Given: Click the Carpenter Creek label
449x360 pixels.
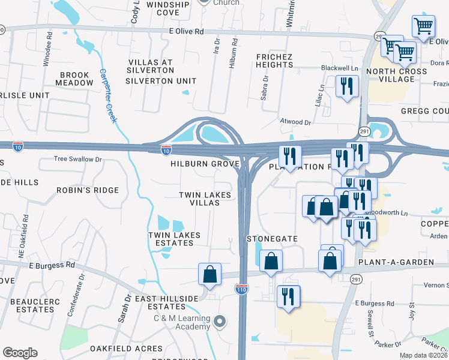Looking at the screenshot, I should point(108,95).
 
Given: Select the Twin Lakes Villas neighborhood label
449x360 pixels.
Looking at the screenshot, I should point(200,199).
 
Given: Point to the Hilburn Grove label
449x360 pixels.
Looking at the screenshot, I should point(205,164).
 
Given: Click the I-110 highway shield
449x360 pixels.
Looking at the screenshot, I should point(242,289).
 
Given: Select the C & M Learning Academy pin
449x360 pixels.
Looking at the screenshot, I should point(220,322).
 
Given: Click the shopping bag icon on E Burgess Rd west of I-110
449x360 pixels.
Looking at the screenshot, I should point(210,274).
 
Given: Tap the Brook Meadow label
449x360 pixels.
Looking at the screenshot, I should point(74,79).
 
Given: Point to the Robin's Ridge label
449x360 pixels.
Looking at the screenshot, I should point(88,190).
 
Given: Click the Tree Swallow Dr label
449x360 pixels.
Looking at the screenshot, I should point(78,160).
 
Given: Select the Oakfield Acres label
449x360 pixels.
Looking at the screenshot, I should point(126,348).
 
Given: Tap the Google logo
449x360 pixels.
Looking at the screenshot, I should point(20,353).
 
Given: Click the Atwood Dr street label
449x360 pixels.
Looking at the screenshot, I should point(295,122).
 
